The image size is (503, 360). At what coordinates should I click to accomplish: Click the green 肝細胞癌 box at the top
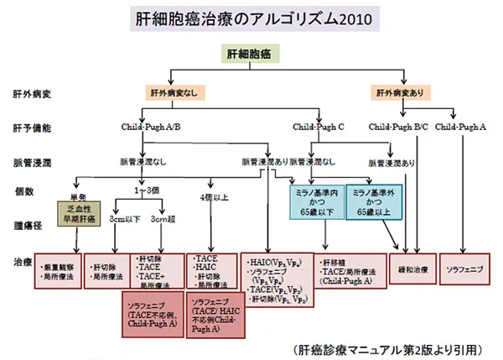point(251,53)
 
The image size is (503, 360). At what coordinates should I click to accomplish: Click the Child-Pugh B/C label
point(398,127)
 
